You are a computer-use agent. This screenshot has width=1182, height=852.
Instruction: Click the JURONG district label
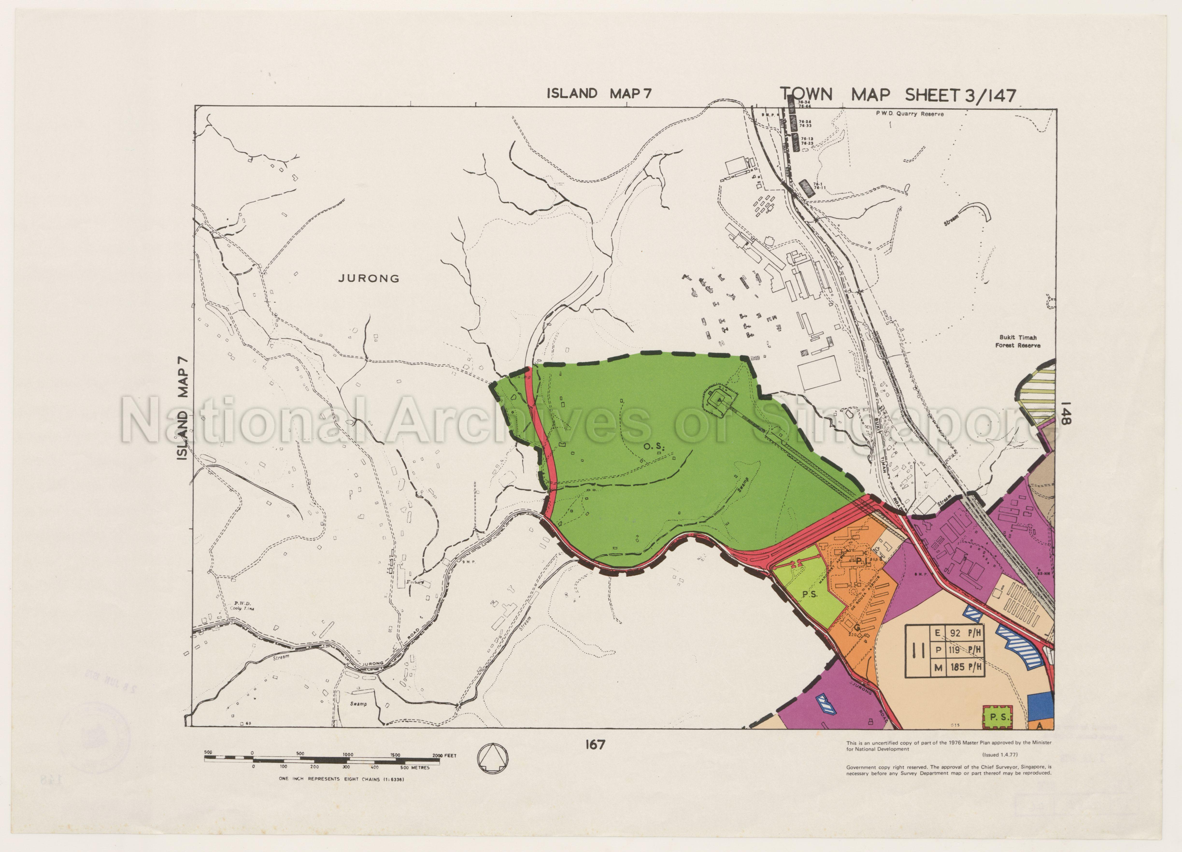[369, 278]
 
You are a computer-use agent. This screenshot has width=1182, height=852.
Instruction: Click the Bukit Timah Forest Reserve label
[1017, 341]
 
